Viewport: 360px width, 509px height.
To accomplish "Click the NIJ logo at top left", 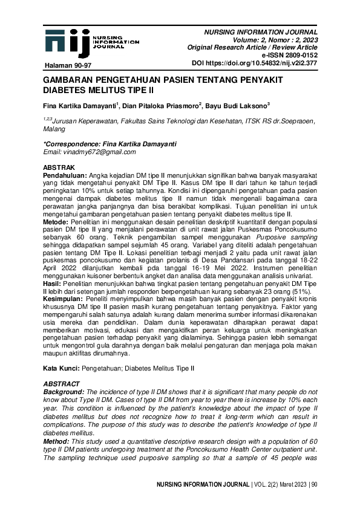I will tap(68, 41).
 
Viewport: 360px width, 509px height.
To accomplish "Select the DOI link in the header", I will tap(254, 63).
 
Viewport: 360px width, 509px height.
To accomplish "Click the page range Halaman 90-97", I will tap(68, 64).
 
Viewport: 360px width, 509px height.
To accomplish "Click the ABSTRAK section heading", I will tap(59, 166).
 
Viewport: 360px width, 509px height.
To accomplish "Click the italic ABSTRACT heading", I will tap(62, 383).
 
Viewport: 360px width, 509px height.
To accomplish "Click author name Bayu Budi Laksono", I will tap(237, 106).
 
